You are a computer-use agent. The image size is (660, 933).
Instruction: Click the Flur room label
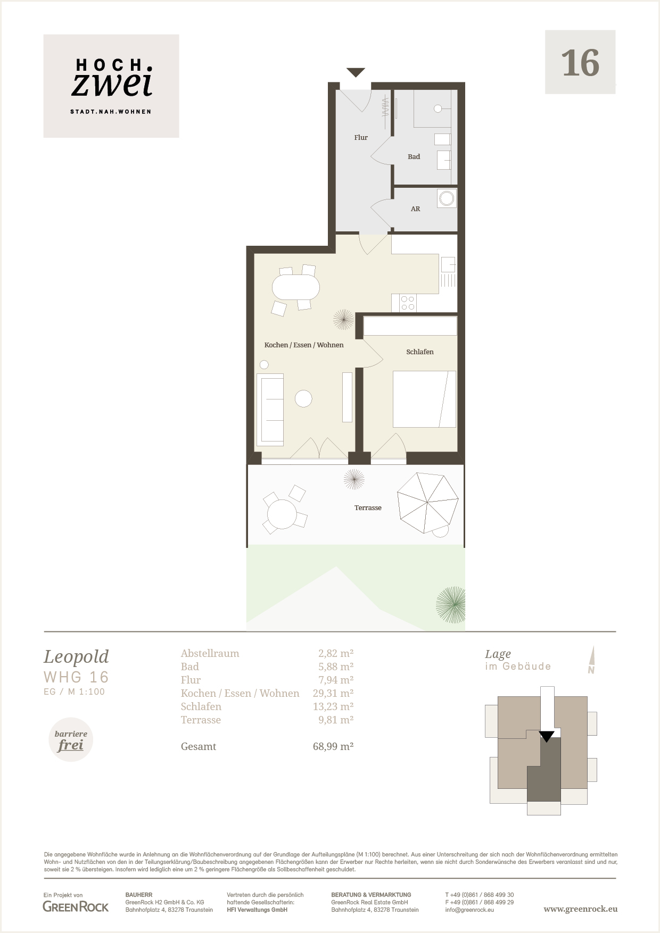click(x=361, y=137)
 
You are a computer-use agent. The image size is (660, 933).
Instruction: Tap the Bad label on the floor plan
click(x=414, y=156)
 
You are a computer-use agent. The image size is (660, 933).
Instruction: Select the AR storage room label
click(x=415, y=209)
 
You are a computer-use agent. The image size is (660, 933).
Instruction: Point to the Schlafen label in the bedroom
click(x=419, y=352)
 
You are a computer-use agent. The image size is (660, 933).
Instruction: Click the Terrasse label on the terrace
click(x=368, y=507)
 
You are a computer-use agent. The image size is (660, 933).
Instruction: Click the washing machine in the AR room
click(x=447, y=198)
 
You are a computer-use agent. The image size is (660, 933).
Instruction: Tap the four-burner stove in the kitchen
click(x=408, y=303)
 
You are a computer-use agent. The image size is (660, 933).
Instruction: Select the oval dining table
click(x=296, y=287)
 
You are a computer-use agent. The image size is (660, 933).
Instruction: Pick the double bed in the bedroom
click(x=424, y=399)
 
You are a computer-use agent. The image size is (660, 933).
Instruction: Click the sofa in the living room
click(x=270, y=410)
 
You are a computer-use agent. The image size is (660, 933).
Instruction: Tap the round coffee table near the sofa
click(x=303, y=398)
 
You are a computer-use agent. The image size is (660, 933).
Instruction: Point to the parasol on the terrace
click(x=428, y=503)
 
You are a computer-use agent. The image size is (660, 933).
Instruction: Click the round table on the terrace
click(x=282, y=514)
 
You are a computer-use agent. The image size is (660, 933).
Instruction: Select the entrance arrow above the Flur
click(x=356, y=72)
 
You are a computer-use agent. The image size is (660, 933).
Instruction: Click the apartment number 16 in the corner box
click(x=580, y=63)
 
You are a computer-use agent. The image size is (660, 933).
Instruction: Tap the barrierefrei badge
click(x=71, y=740)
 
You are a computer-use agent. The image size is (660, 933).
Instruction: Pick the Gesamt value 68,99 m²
click(x=333, y=746)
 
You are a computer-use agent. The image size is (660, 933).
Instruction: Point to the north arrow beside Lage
click(x=592, y=660)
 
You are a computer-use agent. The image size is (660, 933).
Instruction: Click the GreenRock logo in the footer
click(x=76, y=907)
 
